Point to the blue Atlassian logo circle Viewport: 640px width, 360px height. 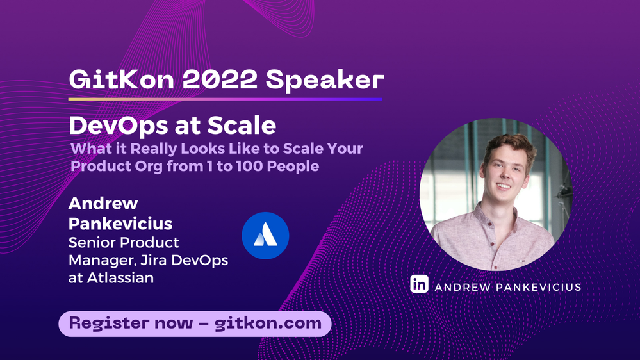[265, 236]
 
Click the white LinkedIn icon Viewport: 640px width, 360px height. [419, 284]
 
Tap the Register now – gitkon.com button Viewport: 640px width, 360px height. [195, 323]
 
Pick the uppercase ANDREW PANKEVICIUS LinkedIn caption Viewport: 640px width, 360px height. [507, 287]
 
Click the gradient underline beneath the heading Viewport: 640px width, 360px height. [225, 99]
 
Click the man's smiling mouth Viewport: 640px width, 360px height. [504, 186]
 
